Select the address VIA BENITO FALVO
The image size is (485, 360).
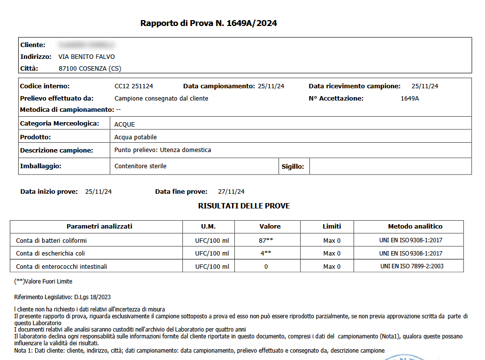point(86,57)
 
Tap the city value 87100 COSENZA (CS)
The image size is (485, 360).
point(90,69)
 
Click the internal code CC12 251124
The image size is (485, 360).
point(133,86)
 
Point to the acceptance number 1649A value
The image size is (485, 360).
point(409,99)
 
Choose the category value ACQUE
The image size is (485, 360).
point(125,124)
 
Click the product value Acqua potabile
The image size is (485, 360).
point(135,137)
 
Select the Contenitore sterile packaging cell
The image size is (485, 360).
point(140,166)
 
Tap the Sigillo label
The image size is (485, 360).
point(293,167)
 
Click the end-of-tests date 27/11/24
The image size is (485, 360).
point(231,192)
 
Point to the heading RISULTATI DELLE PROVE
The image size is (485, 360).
point(244,206)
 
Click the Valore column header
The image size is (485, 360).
point(270,227)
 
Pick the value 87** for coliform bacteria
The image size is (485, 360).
point(266,240)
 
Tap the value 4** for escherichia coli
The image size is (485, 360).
point(266,254)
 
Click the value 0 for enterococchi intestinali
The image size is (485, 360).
point(266,267)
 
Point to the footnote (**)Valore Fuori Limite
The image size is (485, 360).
point(43,282)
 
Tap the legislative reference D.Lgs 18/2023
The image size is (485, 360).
point(92,297)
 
